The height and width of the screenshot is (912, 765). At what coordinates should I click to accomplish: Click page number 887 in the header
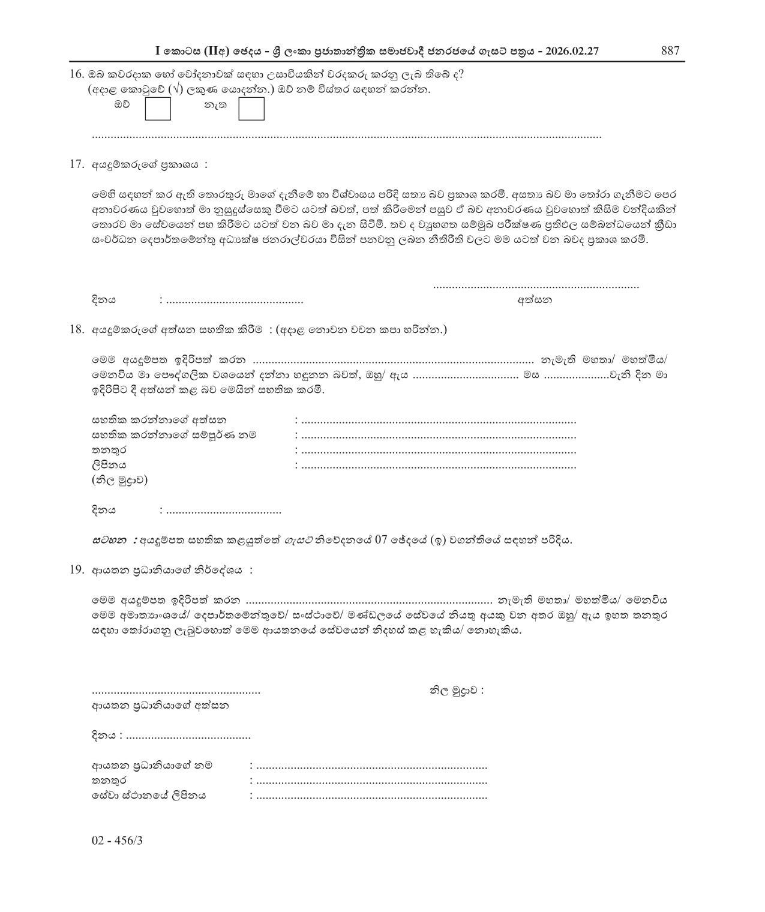[x=670, y=51]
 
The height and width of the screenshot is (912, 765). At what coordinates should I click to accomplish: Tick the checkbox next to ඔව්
[x=158, y=109]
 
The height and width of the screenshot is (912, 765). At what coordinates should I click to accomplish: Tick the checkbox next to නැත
[x=251, y=109]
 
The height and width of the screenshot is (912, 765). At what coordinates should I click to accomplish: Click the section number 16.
[x=76, y=74]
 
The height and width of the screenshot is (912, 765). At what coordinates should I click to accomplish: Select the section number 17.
[x=76, y=164]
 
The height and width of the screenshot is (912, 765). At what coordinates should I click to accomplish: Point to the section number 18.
[x=76, y=329]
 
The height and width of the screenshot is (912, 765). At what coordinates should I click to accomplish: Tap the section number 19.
[x=76, y=570]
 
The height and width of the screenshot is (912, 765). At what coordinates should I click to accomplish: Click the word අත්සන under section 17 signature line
[x=535, y=299]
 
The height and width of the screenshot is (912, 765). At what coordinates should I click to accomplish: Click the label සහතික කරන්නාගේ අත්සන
[x=159, y=420]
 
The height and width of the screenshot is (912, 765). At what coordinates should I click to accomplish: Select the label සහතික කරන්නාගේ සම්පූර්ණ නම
[x=178, y=435]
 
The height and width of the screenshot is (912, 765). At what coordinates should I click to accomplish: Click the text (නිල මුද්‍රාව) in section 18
[x=119, y=480]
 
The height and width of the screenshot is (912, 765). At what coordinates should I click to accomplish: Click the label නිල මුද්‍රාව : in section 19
[x=455, y=691]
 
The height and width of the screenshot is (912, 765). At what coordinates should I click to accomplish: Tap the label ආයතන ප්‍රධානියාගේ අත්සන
[x=160, y=706]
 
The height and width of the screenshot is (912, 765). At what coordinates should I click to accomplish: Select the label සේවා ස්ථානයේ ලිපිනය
[x=148, y=796]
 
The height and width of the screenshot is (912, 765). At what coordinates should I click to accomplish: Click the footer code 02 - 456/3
[x=117, y=841]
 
